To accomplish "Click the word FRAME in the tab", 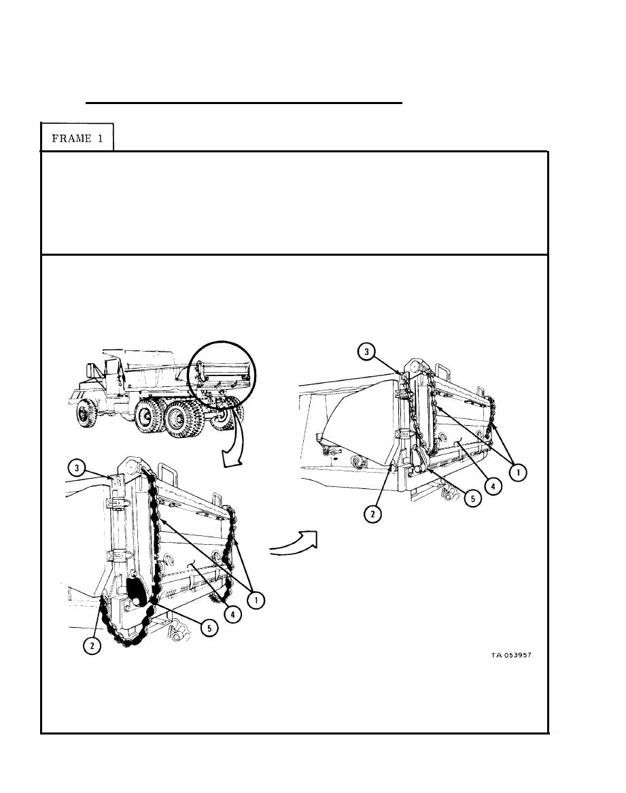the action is click(x=72, y=139).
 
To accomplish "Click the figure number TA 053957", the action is click(x=511, y=655).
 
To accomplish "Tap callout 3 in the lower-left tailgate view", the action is click(x=76, y=468).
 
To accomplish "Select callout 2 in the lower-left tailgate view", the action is click(x=92, y=646).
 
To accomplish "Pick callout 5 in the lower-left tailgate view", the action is click(x=209, y=628).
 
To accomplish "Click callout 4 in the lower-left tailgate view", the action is click(x=232, y=615).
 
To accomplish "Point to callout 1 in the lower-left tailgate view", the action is click(x=256, y=601).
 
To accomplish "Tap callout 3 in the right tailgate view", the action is click(x=367, y=352).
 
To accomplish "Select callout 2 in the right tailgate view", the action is click(x=373, y=514).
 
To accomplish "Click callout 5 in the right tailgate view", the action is click(x=472, y=499).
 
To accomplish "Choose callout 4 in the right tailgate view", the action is click(x=493, y=486).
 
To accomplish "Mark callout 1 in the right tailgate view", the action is click(x=517, y=473).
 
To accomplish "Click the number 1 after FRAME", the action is click(x=100, y=139).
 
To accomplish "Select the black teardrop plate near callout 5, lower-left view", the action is click(x=136, y=591).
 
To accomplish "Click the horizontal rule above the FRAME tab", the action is click(x=244, y=103).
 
